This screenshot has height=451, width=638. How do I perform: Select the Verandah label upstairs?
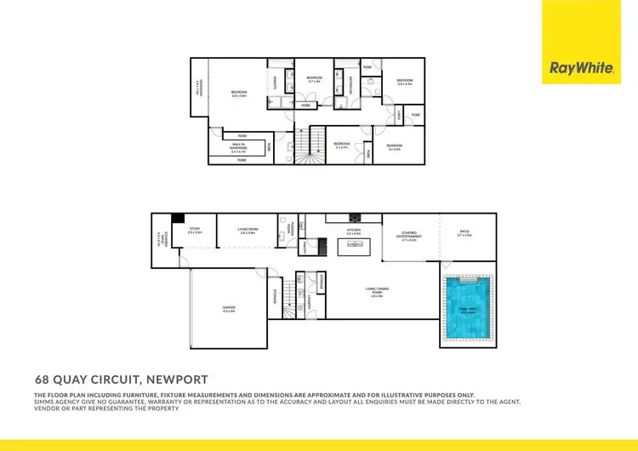(x=197, y=88)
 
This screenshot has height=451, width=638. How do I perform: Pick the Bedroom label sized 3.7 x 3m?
(x=315, y=80)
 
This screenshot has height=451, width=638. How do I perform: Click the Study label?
(x=195, y=230)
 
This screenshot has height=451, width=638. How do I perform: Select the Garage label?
(x=228, y=311)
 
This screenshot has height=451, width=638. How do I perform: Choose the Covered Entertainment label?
(x=409, y=237)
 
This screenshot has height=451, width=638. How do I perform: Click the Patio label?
(x=464, y=232)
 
